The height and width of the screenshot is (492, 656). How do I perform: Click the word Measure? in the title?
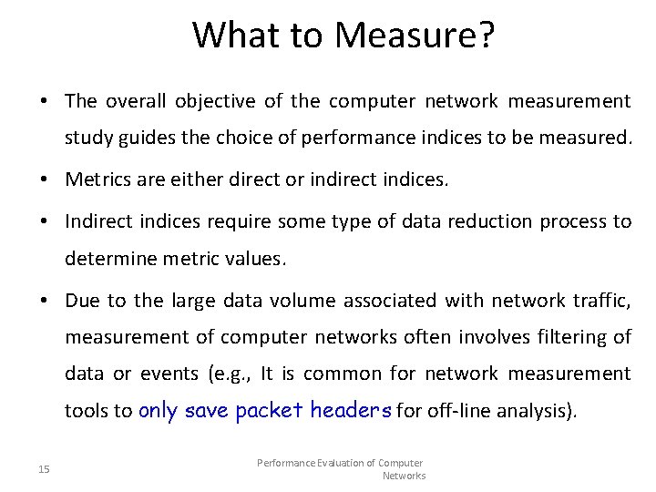[415, 36]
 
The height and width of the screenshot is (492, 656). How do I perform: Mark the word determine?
[106, 260]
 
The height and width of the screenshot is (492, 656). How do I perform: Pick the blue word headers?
[351, 410]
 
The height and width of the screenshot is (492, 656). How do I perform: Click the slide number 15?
[45, 469]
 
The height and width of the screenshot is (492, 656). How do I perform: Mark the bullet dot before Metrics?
[44, 180]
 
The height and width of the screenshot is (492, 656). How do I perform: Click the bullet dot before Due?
[44, 301]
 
